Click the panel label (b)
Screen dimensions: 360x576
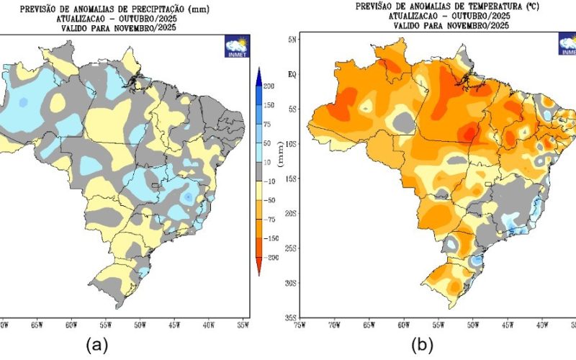click(x=422, y=345)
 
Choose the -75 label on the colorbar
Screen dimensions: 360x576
click(x=270, y=219)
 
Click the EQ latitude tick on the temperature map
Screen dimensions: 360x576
click(x=293, y=74)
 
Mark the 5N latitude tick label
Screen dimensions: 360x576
click(x=293, y=40)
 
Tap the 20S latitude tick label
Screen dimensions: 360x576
click(x=292, y=213)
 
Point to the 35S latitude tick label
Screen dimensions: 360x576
click(x=292, y=318)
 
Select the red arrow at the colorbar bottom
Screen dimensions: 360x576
click(x=258, y=269)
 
